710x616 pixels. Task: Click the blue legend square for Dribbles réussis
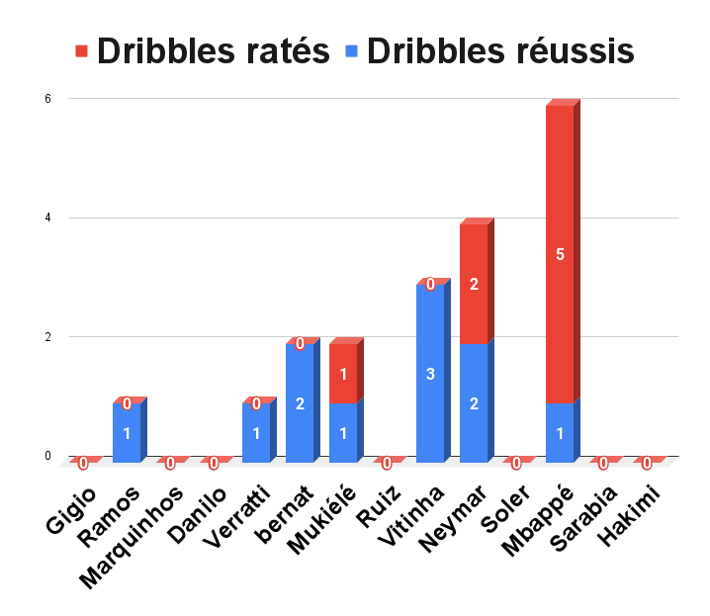[350, 50]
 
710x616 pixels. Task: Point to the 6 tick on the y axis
[46, 99]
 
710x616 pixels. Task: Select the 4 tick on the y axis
[46, 218]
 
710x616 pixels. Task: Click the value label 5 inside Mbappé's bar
[560, 255]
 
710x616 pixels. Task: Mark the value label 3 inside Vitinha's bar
[430, 374]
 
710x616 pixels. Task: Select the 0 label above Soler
[516, 463]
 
